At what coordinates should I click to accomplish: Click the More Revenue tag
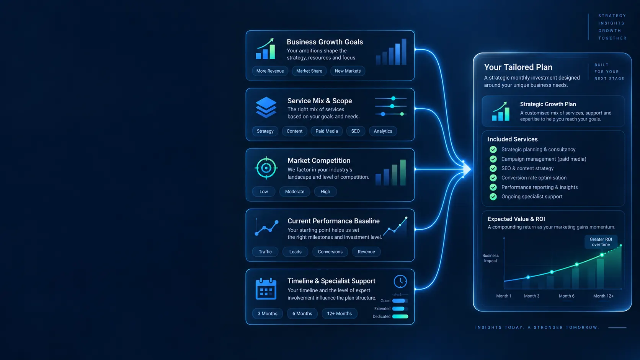pos(270,71)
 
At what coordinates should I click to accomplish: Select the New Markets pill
pos(348,71)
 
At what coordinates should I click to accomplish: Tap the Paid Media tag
pos(327,131)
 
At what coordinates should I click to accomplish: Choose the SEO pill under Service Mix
pos(356,131)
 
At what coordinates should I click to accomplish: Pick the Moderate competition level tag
pos(295,192)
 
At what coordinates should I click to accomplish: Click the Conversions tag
pos(330,252)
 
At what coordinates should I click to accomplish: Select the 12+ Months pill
pos(340,313)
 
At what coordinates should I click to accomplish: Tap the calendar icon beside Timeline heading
pos(266,288)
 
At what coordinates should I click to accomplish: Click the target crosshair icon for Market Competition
pos(266,168)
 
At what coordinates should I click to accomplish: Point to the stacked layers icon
pos(266,108)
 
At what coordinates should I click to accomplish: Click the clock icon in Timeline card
pos(400,282)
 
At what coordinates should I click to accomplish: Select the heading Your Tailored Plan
pos(518,67)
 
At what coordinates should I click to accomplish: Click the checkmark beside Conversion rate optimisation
pos(493,178)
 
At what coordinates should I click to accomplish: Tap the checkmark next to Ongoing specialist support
pos(493,197)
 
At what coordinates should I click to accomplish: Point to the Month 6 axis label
pos(567,296)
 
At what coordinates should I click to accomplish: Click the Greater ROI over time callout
pos(601,242)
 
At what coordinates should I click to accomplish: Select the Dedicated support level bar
pos(400,316)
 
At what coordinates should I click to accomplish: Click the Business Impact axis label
pos(491,258)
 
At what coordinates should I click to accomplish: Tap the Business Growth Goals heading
pos(325,42)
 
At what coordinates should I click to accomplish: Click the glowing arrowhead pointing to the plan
pos(467,169)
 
